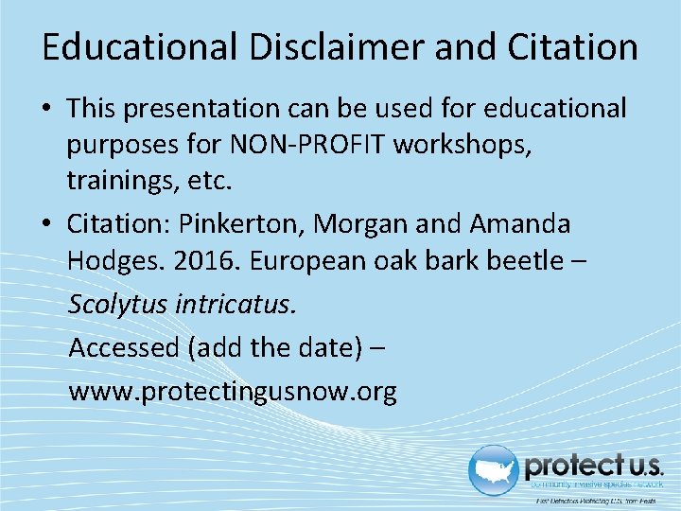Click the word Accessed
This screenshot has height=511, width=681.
(124, 347)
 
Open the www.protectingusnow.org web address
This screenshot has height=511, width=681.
(232, 391)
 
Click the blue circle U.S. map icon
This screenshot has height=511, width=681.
(495, 470)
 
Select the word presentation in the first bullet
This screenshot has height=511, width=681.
(203, 109)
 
